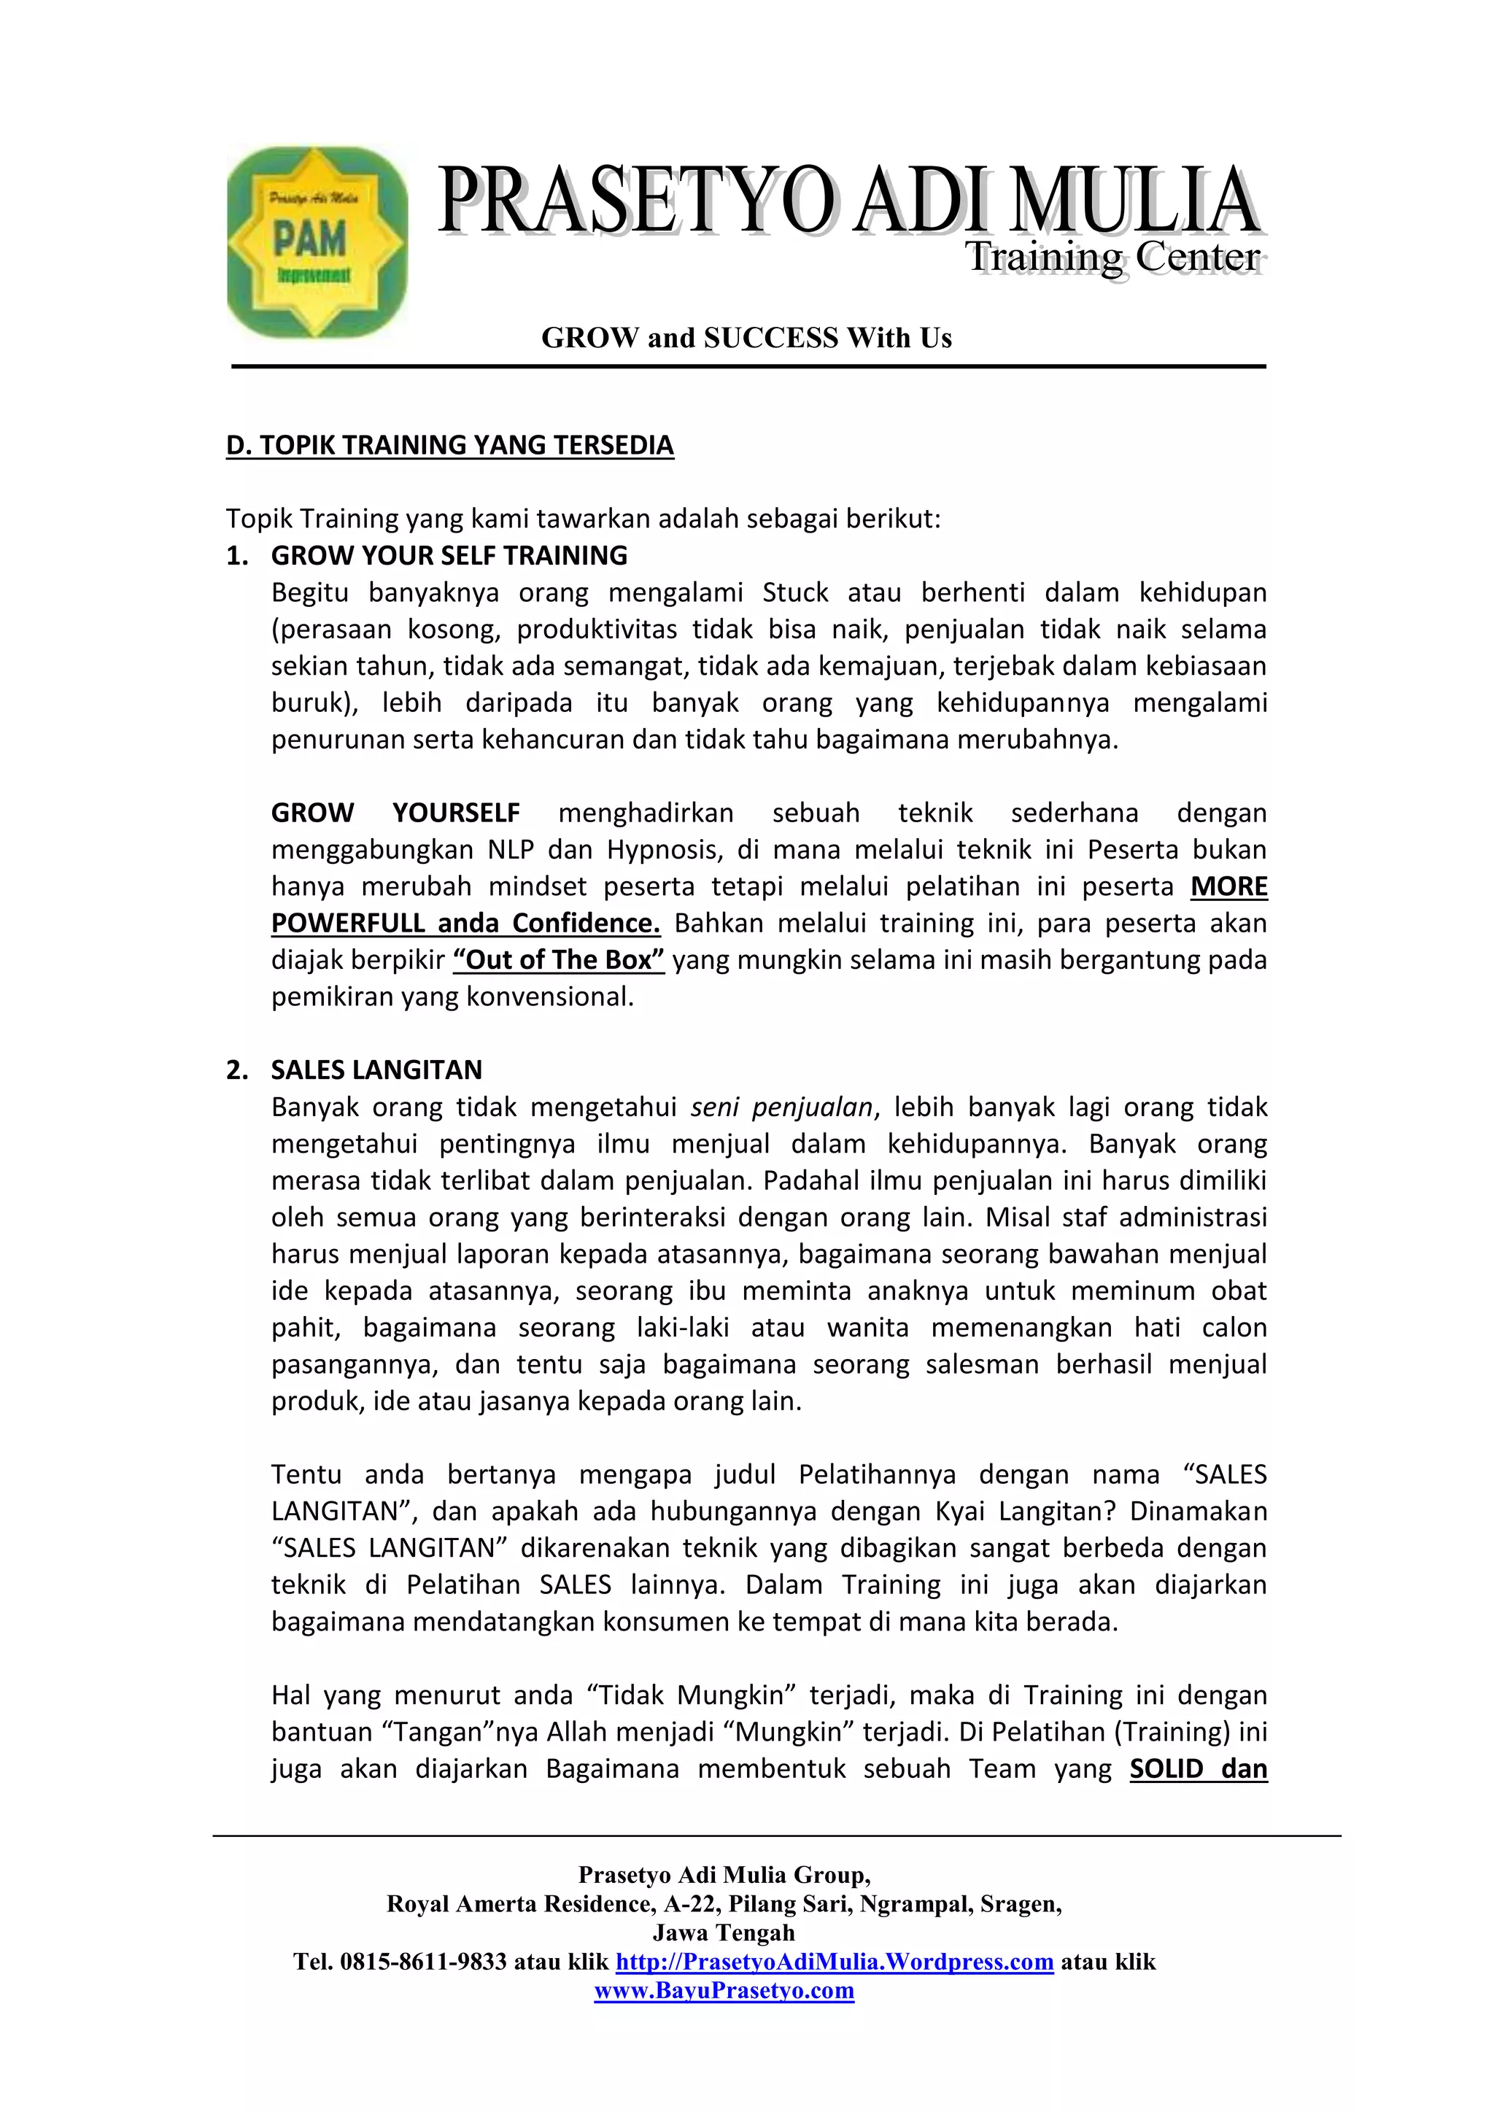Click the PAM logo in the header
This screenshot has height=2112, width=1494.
[317, 242]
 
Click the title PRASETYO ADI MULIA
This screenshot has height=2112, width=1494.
[848, 200]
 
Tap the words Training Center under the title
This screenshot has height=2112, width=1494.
[1112, 258]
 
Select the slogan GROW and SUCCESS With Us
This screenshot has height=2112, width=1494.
[746, 338]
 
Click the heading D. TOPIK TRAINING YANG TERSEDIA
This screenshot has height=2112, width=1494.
[450, 445]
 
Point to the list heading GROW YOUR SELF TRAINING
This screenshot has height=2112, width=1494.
[449, 556]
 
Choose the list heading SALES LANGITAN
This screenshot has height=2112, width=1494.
[376, 1069]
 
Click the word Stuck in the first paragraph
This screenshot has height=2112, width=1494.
[795, 592]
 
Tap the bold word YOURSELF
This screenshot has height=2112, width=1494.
[455, 813]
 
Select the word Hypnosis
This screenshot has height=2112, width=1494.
[659, 850]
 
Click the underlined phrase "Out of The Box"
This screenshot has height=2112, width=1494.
[558, 960]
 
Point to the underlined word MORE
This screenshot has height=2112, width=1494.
[1228, 886]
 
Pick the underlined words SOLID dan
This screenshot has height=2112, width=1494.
[1198, 1769]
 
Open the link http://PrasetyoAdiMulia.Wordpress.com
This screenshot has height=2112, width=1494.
[835, 1962]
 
